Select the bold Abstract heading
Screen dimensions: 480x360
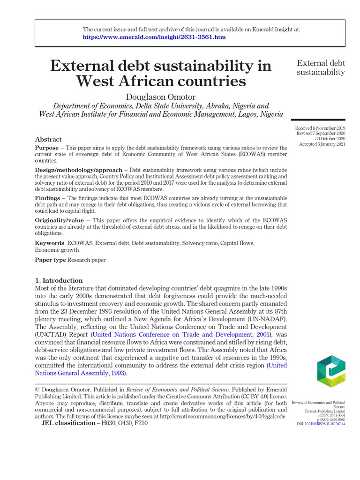click(48, 139)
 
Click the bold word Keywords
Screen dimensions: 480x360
click(50, 243)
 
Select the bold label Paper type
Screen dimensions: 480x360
click(51, 260)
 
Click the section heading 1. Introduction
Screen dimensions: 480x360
click(59, 280)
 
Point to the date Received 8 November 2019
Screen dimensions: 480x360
click(320, 128)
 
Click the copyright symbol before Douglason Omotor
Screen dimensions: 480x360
click(38, 390)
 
